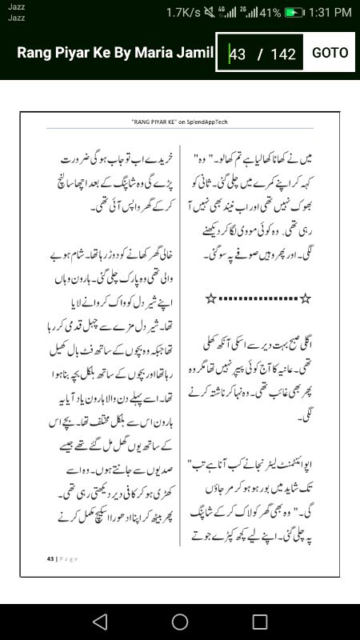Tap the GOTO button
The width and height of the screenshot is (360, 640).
pyautogui.click(x=330, y=53)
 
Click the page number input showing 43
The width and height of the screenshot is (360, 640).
pyautogui.click(x=238, y=54)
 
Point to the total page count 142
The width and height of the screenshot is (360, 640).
pyautogui.click(x=283, y=54)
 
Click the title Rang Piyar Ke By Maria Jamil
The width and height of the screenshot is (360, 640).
pyautogui.click(x=115, y=53)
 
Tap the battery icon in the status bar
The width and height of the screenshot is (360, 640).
pyautogui.click(x=294, y=13)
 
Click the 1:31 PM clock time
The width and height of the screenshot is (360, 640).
pyautogui.click(x=330, y=13)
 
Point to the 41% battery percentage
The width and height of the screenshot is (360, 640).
pyautogui.click(x=270, y=13)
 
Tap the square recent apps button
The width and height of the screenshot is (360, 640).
pyautogui.click(x=260, y=622)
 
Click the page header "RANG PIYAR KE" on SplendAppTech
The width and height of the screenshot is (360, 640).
pyautogui.click(x=180, y=121)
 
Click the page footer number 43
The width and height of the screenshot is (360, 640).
pyautogui.click(x=50, y=558)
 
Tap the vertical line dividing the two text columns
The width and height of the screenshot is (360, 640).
pyautogui.click(x=179, y=344)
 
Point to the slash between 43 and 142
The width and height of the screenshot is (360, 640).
pyautogui.click(x=260, y=54)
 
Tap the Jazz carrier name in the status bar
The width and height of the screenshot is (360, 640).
pyautogui.click(x=16, y=8)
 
